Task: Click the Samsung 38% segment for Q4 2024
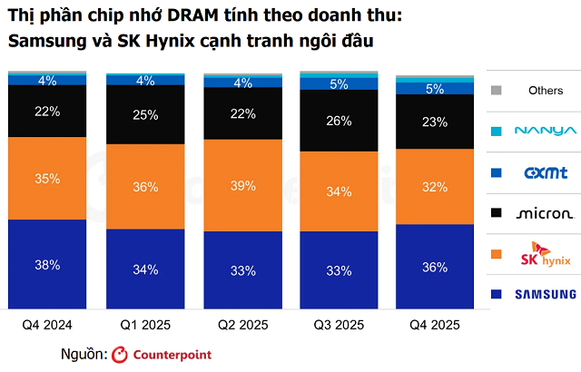coord(47,265)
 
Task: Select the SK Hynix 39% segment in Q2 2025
coord(242,185)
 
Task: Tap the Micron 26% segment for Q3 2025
coord(340,121)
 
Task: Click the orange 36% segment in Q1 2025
coord(145,187)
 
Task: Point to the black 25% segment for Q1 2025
coord(145,115)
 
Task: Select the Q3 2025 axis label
coord(340,324)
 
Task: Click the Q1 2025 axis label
coord(145,324)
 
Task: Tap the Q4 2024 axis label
coord(47,324)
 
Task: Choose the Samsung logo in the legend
coord(546,294)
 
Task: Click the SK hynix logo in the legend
coord(546,255)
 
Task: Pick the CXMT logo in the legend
coord(546,171)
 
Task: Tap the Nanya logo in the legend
coord(546,131)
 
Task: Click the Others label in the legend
coord(546,91)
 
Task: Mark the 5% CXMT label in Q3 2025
coord(340,84)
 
